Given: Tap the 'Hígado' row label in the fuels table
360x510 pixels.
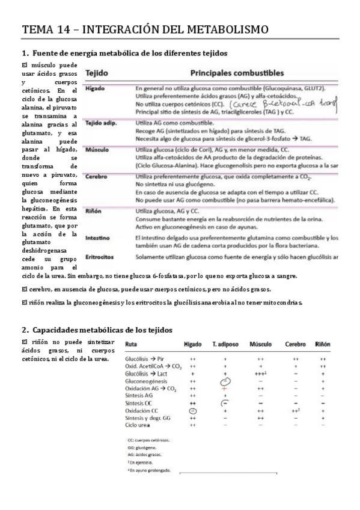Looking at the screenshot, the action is [x=95, y=88].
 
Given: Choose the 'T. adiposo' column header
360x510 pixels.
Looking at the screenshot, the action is [x=226, y=344].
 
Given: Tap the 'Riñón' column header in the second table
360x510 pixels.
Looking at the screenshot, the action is [x=322, y=344].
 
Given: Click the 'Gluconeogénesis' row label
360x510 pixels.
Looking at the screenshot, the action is [x=146, y=381].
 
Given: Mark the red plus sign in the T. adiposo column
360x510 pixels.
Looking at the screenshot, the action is [x=225, y=389].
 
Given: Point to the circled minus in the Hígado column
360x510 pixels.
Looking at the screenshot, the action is [x=193, y=410].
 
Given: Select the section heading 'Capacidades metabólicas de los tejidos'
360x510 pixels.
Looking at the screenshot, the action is [x=102, y=330].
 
